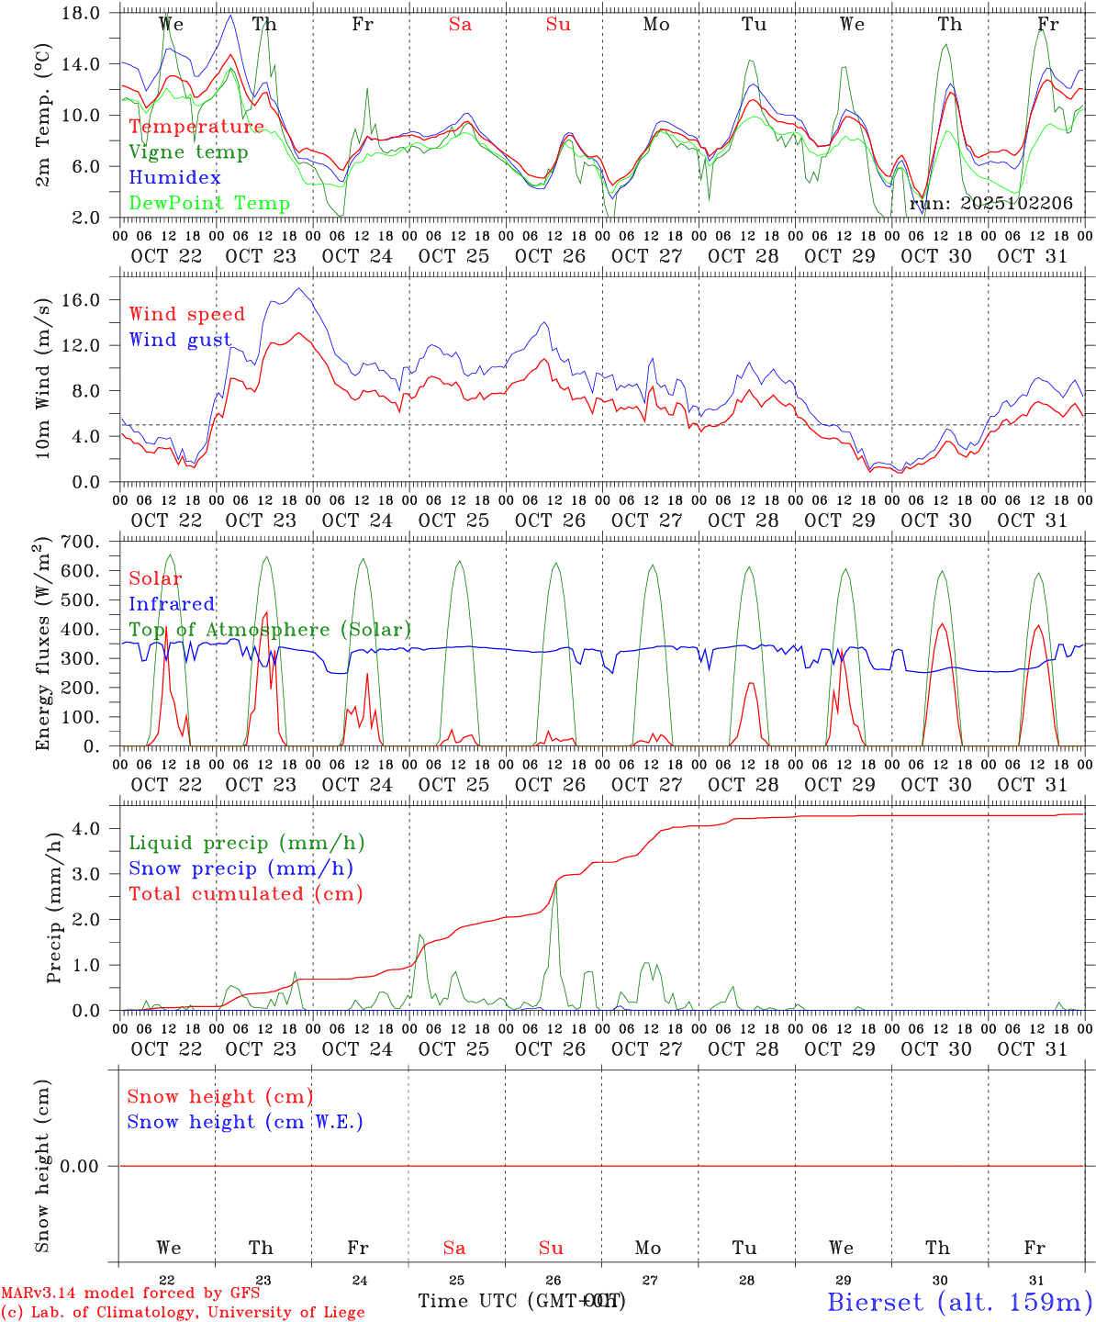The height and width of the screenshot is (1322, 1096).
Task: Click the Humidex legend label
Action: (x=174, y=177)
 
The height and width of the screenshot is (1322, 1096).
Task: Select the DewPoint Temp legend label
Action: (x=209, y=203)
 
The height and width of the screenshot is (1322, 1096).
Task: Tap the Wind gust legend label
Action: (x=180, y=340)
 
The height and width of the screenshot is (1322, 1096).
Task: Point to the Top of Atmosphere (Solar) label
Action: (x=270, y=630)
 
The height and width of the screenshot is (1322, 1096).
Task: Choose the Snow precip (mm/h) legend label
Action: (x=240, y=868)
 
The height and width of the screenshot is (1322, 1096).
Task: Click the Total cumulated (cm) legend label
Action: (x=245, y=893)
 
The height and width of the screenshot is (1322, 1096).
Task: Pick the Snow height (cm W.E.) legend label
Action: (x=245, y=1122)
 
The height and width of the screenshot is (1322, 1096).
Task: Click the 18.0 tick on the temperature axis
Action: (x=92, y=13)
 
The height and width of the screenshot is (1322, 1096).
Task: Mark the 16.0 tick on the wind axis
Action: (x=92, y=300)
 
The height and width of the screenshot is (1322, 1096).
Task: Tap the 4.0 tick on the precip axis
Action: (x=99, y=828)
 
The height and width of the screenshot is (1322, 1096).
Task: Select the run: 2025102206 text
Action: (x=990, y=204)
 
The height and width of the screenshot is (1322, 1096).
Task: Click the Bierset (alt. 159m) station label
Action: (x=959, y=1301)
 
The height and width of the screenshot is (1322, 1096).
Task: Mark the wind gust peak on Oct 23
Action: (x=298, y=289)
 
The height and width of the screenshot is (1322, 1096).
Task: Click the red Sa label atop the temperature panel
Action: (x=460, y=25)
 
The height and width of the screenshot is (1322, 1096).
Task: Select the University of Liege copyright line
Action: (x=183, y=1313)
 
